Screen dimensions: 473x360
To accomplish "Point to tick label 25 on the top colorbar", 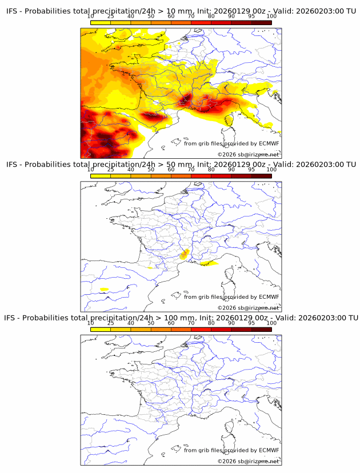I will click(110, 16).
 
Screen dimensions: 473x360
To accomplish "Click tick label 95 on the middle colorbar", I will click(251, 170).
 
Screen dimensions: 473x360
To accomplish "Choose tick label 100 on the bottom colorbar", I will click(271, 323).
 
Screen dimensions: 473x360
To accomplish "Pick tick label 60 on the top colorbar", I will click(171, 16).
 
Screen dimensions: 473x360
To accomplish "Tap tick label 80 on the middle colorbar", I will click(211, 170).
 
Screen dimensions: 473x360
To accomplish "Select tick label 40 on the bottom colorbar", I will click(131, 323).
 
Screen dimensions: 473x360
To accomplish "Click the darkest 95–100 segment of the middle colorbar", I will click(261, 176).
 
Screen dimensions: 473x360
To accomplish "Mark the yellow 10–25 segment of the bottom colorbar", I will click(100, 329).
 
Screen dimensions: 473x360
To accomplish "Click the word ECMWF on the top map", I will click(269, 143).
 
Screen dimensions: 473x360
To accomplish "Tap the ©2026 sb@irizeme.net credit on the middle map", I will click(249, 308).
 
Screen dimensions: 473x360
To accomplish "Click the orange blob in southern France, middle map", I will click(184, 254).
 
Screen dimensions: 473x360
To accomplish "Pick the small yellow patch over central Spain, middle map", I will click(104, 290).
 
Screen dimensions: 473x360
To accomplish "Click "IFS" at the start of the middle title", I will click(11, 165).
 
